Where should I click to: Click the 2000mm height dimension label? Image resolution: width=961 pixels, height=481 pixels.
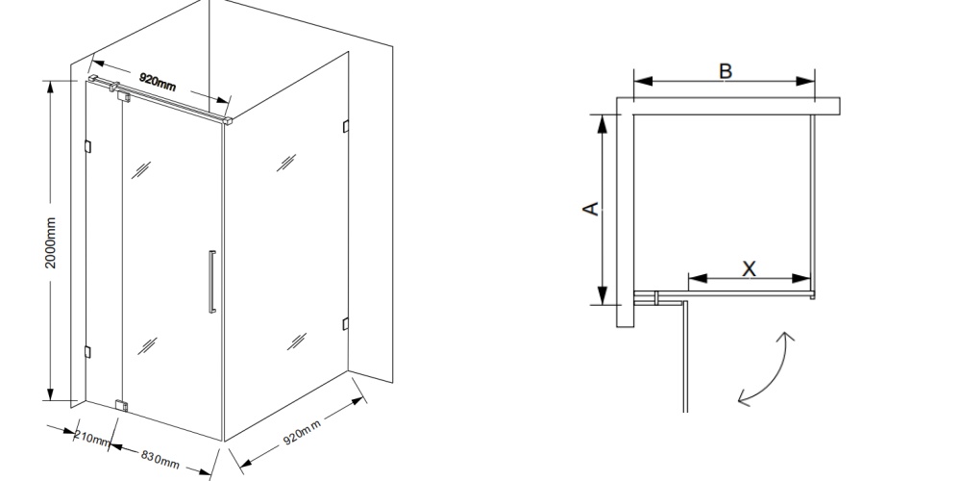tap(50, 242)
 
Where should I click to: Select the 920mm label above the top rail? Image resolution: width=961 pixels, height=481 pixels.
tap(158, 81)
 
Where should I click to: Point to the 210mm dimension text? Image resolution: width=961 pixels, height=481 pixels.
tap(92, 438)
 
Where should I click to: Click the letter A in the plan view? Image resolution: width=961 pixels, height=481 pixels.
tap(590, 209)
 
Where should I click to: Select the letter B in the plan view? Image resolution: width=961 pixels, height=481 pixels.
tap(725, 71)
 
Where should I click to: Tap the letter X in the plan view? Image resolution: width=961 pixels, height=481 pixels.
tap(749, 268)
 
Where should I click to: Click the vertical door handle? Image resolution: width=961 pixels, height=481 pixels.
tap(212, 282)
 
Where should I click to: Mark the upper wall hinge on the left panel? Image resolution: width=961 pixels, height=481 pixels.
tap(87, 146)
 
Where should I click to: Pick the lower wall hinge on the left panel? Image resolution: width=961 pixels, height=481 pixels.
tap(87, 351)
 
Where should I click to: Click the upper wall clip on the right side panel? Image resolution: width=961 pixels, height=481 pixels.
tap(346, 126)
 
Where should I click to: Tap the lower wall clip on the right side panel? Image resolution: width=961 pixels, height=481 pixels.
tap(346, 323)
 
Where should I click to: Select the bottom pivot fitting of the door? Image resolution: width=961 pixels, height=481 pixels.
tap(122, 406)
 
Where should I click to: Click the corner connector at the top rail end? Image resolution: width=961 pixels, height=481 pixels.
tap(228, 120)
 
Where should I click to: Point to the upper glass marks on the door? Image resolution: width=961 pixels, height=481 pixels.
tap(141, 170)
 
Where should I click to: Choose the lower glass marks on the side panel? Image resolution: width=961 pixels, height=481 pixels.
tap(297, 342)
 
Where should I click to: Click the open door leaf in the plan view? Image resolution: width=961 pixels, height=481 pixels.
tap(685, 356)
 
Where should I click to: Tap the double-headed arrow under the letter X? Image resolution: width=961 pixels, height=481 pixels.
tap(750, 279)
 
